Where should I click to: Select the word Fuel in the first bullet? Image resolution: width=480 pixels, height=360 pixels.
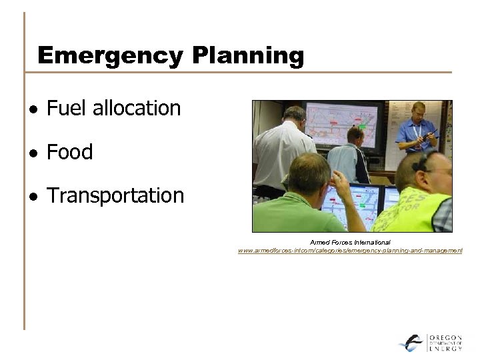[x=65, y=108]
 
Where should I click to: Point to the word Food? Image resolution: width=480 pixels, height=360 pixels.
[x=70, y=152]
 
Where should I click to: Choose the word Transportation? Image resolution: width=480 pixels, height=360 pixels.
[x=115, y=196]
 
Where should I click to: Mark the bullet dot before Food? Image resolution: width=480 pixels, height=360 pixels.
[x=33, y=153]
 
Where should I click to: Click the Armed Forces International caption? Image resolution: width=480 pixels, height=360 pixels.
[x=350, y=242]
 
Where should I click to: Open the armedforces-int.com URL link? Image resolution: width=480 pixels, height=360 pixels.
[x=350, y=251]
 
